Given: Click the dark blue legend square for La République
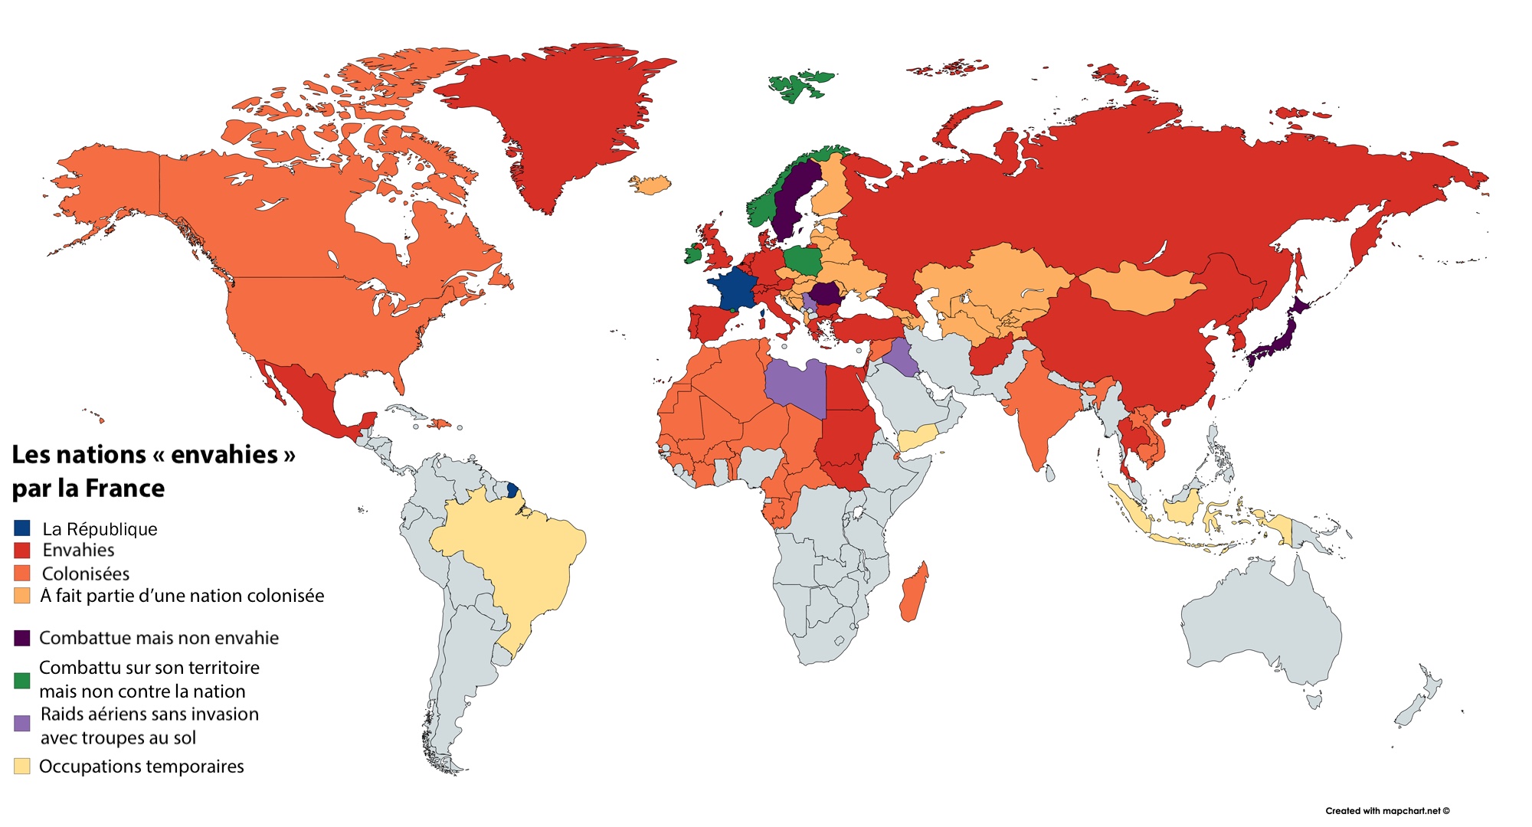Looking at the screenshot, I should [22, 528].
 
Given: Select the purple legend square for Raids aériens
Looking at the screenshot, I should [22, 723].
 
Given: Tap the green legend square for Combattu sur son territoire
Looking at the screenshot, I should [22, 680].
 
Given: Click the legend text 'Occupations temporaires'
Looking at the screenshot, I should [142, 767].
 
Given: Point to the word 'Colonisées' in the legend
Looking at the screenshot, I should [86, 574].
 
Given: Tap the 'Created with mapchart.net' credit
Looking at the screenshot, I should [1387, 811].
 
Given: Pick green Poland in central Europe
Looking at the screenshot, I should [802, 261].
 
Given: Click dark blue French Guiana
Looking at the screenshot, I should [512, 489].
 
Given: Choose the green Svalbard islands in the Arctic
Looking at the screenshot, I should [801, 86].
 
